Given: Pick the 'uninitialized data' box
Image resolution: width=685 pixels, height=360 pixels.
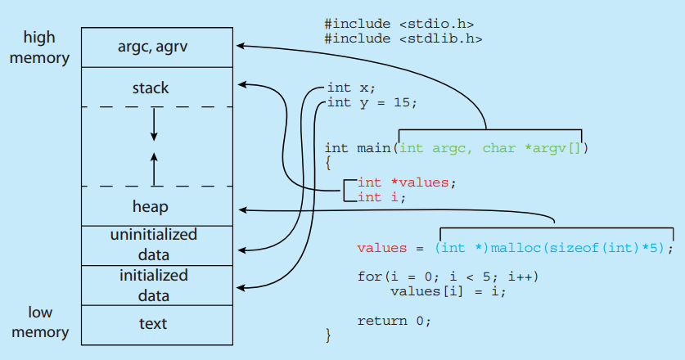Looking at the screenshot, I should [x=154, y=245].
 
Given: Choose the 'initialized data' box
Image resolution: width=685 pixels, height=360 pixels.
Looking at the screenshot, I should [x=154, y=285].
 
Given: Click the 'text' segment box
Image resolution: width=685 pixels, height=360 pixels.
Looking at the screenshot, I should [x=154, y=324].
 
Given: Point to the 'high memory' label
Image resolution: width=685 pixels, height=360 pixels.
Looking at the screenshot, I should [x=39, y=47].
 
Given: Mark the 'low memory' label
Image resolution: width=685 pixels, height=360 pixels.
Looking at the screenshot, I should [x=39, y=322].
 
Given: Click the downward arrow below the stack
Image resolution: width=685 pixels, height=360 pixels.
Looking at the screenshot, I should [x=154, y=124].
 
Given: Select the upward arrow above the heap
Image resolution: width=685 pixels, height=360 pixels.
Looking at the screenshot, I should [x=154, y=169].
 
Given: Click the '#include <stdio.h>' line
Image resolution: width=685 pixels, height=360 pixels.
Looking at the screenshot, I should [x=399, y=24].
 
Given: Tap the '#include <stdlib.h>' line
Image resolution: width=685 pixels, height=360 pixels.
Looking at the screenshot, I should [x=403, y=38].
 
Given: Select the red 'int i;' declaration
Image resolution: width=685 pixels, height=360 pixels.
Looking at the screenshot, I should [x=381, y=196].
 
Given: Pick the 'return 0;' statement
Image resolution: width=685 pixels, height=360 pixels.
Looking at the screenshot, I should [x=394, y=321].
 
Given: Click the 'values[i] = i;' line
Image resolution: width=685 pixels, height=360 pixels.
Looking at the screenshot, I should [x=448, y=291].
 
